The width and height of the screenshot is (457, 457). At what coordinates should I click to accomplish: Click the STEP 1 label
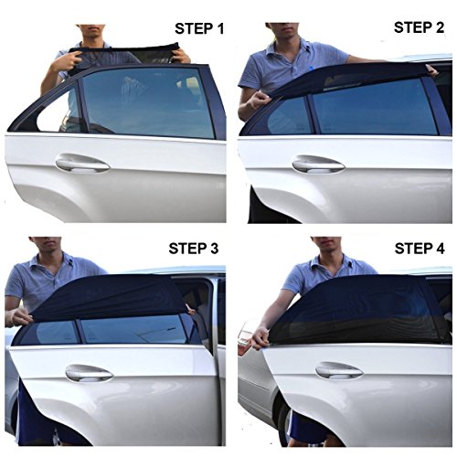[x=199, y=28]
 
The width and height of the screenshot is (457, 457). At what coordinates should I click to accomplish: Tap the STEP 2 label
[x=419, y=27]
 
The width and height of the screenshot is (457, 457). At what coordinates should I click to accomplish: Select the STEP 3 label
[x=194, y=249]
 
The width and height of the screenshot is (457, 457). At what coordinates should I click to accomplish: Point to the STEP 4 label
[x=420, y=249]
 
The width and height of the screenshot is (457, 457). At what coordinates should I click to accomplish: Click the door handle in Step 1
[x=82, y=164]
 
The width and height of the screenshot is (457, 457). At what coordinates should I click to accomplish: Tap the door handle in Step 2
[x=318, y=165]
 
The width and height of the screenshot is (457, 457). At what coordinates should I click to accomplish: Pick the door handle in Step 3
[x=89, y=373]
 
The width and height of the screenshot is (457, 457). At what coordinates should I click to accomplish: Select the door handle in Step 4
[x=339, y=370]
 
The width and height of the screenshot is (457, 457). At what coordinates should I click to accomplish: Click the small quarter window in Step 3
[x=51, y=333]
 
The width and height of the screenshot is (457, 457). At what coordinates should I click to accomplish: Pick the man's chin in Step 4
[x=328, y=250]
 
